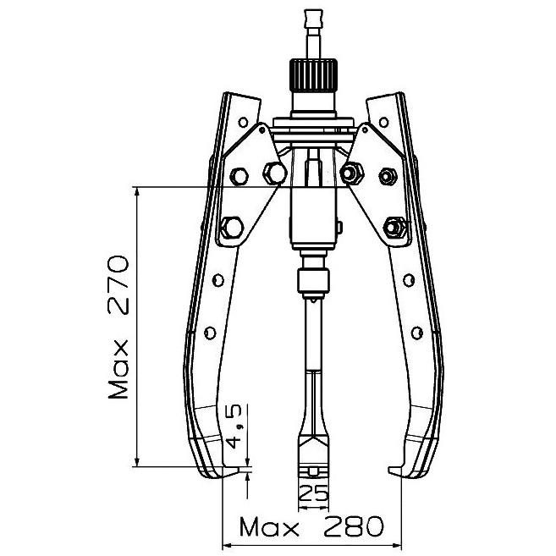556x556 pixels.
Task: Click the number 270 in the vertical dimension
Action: coord(118,285)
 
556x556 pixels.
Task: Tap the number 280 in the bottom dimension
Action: coord(354,526)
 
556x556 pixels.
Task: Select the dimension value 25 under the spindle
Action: coord(314,493)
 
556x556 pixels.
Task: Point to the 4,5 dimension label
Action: coord(234,427)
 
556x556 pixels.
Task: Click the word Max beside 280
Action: coord(268,526)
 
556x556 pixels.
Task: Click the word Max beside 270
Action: coord(118,369)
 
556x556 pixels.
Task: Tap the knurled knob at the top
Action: coord(313,75)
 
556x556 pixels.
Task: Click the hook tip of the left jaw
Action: coord(239,471)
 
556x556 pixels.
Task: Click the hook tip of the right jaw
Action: coord(389,471)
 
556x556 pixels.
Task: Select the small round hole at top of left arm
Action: coord(243,123)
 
